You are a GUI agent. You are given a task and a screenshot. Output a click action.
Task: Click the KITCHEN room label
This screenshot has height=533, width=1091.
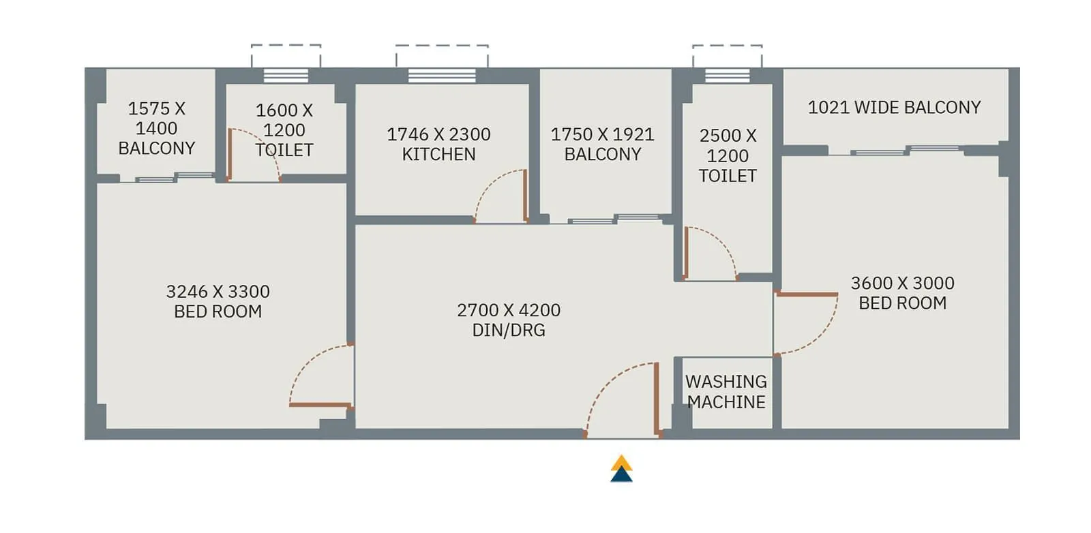[x=438, y=155]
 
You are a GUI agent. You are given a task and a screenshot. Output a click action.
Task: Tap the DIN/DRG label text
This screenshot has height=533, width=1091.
[x=509, y=331]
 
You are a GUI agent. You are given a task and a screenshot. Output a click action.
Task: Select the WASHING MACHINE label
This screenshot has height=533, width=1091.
[x=726, y=392]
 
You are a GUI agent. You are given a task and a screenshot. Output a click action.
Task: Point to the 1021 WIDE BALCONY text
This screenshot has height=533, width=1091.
[x=894, y=108]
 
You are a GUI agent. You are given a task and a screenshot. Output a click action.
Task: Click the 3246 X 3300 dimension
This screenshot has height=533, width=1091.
[x=218, y=292]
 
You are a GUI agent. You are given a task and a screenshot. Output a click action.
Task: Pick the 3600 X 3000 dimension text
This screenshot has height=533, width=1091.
[x=902, y=283]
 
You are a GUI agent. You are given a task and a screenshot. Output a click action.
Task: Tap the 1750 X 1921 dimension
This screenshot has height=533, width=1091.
[x=602, y=134]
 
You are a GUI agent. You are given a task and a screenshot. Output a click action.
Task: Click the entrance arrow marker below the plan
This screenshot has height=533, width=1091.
[x=621, y=470]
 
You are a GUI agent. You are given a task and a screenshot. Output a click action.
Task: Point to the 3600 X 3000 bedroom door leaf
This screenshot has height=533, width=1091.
[x=806, y=294]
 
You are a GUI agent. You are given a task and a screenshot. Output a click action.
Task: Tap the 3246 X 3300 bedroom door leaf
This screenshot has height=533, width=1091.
[x=319, y=406]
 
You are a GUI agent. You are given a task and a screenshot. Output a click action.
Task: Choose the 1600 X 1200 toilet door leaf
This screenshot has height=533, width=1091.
[x=230, y=155]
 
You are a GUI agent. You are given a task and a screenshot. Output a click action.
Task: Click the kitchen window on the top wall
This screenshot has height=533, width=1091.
[x=442, y=75]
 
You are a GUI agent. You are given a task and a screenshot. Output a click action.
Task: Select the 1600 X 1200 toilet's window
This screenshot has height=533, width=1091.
[x=286, y=75]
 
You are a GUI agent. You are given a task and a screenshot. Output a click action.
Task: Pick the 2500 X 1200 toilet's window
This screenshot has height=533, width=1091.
[x=727, y=75]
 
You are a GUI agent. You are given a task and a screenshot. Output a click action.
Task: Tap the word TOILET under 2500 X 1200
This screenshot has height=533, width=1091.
[x=728, y=176]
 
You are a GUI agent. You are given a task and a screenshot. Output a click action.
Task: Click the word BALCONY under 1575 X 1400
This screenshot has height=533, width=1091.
[x=157, y=149]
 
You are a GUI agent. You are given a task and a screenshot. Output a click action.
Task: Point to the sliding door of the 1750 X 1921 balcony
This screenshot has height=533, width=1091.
[x=613, y=219]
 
